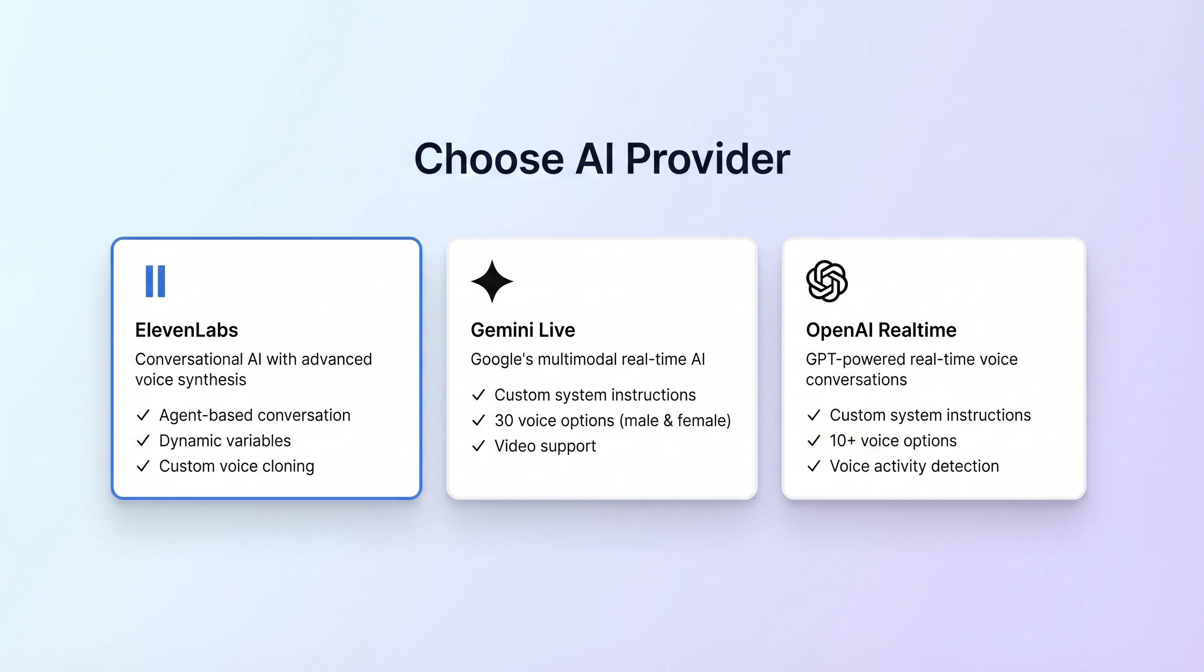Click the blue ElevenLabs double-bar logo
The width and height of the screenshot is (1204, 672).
tap(155, 281)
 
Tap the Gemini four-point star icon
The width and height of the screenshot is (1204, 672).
tap(492, 281)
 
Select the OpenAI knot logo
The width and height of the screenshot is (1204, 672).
tap(826, 281)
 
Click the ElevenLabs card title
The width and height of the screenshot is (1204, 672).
tap(186, 330)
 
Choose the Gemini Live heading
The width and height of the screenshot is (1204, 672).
tap(522, 330)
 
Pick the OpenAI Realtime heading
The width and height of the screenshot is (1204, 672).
tap(881, 330)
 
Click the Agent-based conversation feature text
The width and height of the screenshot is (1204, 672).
tap(254, 415)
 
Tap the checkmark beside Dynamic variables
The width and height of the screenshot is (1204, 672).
tap(143, 441)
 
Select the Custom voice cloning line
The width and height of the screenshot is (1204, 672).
tap(237, 466)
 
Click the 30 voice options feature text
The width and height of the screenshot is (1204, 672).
tap(612, 420)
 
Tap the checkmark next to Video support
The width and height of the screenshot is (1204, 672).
tap(478, 446)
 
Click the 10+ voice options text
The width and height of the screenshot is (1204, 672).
tap(892, 441)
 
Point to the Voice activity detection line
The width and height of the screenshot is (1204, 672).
tap(914, 466)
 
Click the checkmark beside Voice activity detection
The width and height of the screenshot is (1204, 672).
tap(814, 466)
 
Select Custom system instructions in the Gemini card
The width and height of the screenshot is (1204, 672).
tap(595, 395)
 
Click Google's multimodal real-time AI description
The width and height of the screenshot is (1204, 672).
tap(588, 359)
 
